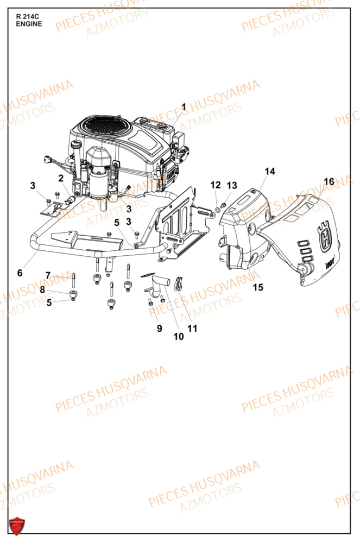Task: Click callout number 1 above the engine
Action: click(x=184, y=107)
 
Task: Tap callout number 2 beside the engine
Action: click(x=61, y=178)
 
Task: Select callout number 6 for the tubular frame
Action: click(x=20, y=273)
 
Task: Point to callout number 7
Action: click(x=48, y=275)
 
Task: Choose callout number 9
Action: click(x=160, y=328)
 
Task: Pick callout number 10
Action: click(x=179, y=337)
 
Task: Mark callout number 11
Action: click(x=192, y=328)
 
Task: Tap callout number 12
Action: click(x=216, y=185)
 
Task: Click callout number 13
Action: click(x=232, y=185)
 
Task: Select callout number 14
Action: click(x=270, y=172)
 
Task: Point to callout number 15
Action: click(x=258, y=287)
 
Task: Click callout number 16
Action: click(x=329, y=181)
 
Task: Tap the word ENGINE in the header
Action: click(x=29, y=24)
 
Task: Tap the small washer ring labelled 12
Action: click(x=218, y=208)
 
